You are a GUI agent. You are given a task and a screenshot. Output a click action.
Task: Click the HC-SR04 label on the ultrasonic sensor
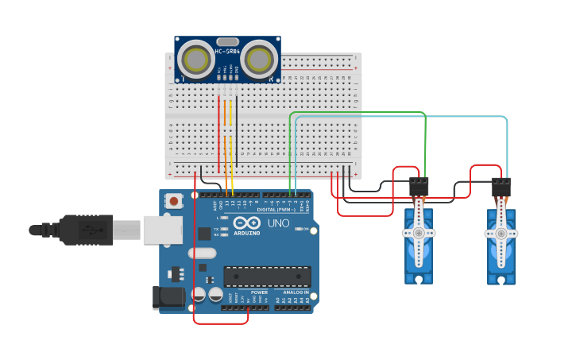[x=227, y=52]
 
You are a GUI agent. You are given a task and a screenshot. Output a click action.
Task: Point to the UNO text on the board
[x=279, y=223]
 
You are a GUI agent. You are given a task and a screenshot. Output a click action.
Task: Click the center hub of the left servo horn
[x=418, y=233]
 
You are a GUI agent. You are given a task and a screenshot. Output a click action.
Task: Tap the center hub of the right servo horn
[x=501, y=233]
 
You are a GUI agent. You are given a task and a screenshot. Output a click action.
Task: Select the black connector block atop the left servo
[x=419, y=187]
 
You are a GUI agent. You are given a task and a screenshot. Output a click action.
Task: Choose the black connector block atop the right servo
[x=501, y=188]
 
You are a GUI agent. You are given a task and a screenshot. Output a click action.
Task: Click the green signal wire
[x=358, y=113]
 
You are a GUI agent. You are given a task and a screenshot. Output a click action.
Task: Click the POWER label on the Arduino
[x=260, y=292]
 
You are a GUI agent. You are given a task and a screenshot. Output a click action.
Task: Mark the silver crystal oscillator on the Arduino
[x=202, y=253]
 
